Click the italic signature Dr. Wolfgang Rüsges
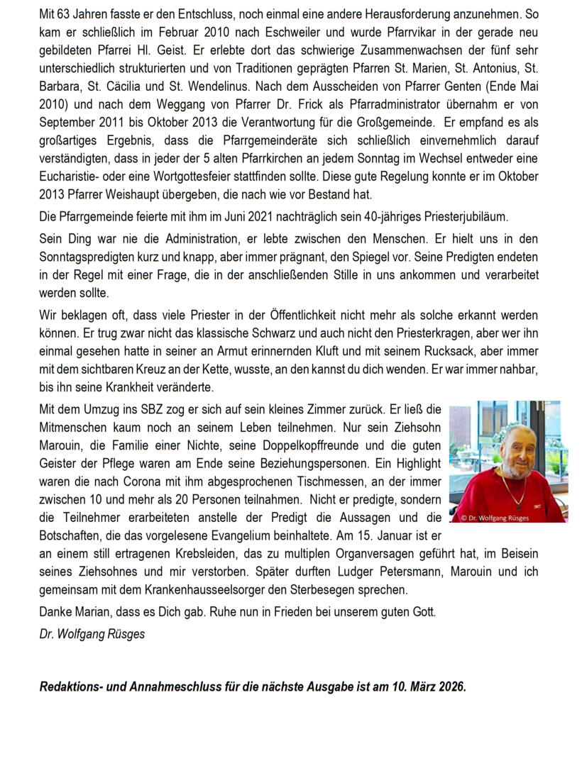92,634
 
